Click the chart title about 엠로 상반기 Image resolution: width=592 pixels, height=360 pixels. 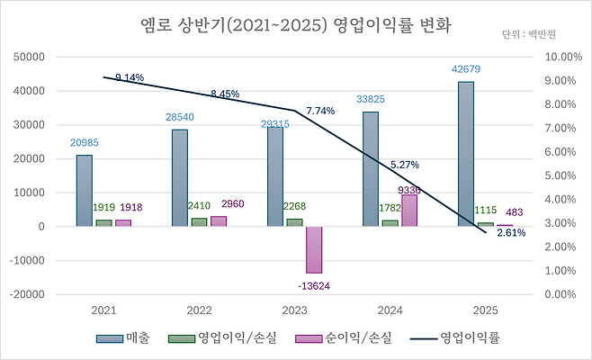(x=296, y=26)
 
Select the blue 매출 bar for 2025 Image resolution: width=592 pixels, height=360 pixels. (x=465, y=154)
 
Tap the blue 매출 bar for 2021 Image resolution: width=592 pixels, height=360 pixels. (x=84, y=190)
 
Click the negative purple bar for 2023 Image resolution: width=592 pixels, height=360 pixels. (x=313, y=249)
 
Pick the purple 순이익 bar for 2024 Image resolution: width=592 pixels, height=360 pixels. (x=409, y=210)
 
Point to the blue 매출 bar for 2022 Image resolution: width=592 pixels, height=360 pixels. (x=179, y=177)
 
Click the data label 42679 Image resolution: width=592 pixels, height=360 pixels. (x=465, y=69)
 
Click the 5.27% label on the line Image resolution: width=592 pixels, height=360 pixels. (x=405, y=165)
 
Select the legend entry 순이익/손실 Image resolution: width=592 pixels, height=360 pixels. (x=357, y=338)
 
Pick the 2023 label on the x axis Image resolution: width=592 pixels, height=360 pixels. (x=293, y=310)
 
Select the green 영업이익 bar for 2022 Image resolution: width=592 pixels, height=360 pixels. (x=199, y=221)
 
